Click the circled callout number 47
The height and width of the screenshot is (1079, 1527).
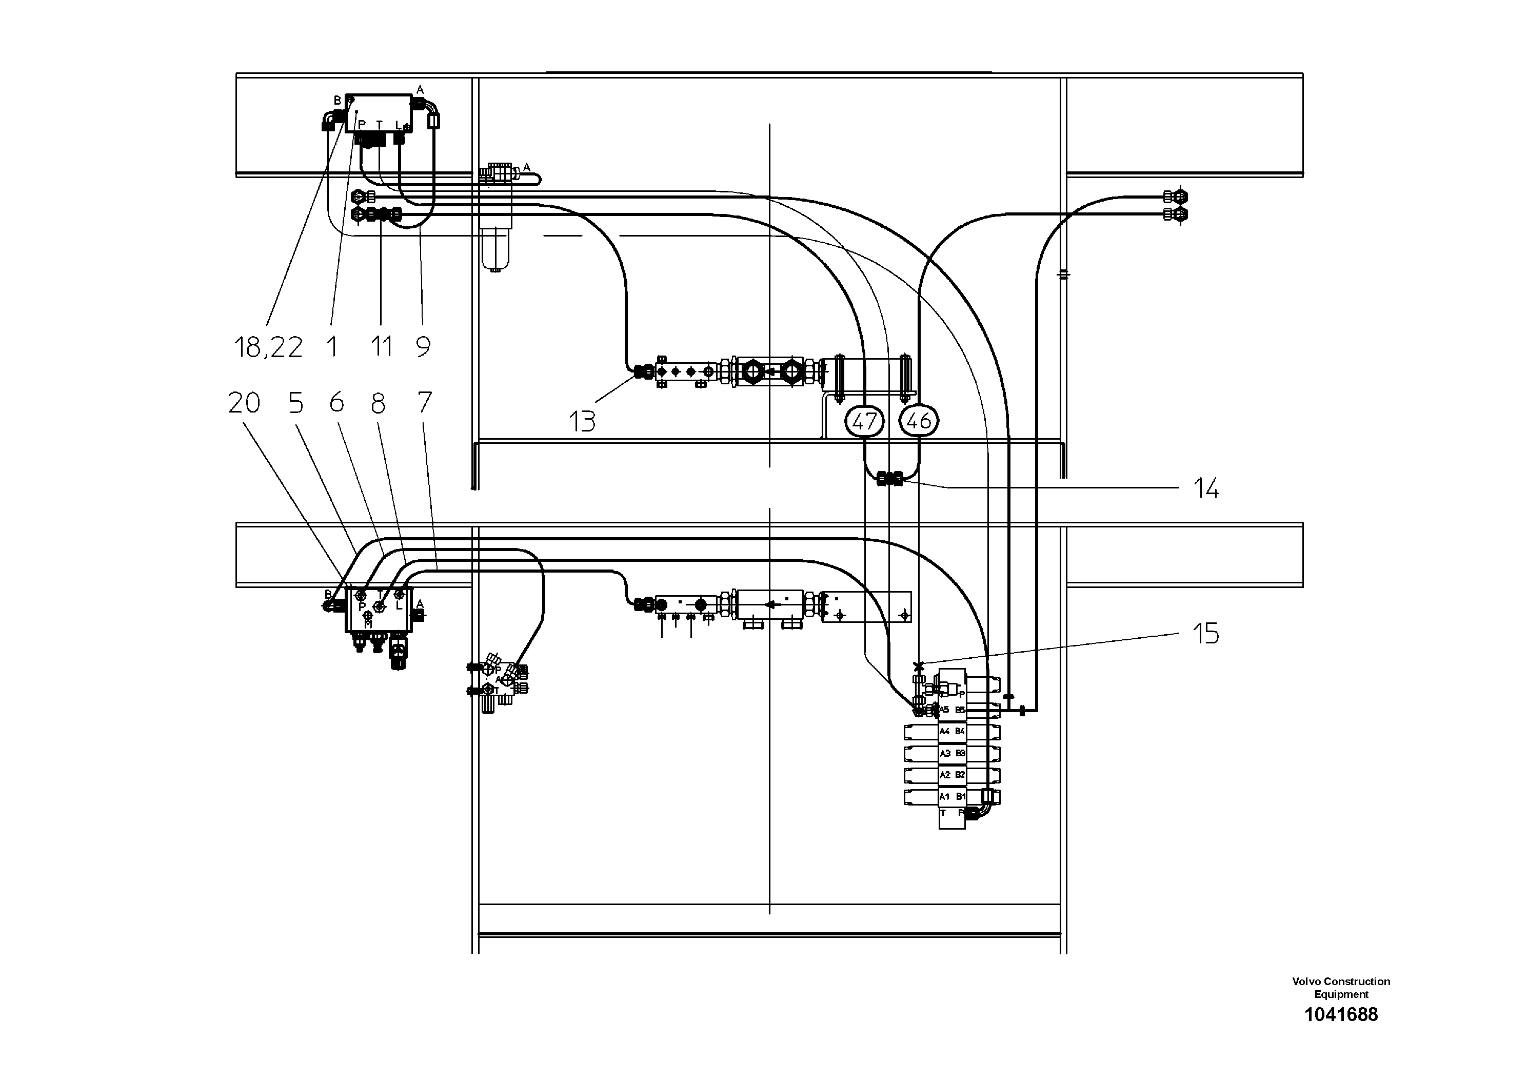pyautogui.click(x=864, y=421)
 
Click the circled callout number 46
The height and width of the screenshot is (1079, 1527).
pyautogui.click(x=919, y=421)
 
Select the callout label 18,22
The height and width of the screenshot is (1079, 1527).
pyautogui.click(x=268, y=347)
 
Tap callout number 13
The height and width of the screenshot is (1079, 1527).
pyautogui.click(x=582, y=422)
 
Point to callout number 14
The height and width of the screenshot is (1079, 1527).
pyautogui.click(x=1206, y=489)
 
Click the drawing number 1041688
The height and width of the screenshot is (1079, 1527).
pyautogui.click(x=1341, y=1014)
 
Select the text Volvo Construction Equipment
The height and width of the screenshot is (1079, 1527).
pyautogui.click(x=1341, y=987)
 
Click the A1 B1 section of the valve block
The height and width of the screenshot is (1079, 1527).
pyautogui.click(x=951, y=796)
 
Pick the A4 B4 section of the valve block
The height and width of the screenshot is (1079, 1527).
pyautogui.click(x=951, y=732)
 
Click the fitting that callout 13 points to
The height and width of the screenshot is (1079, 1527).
pyautogui.click(x=642, y=372)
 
